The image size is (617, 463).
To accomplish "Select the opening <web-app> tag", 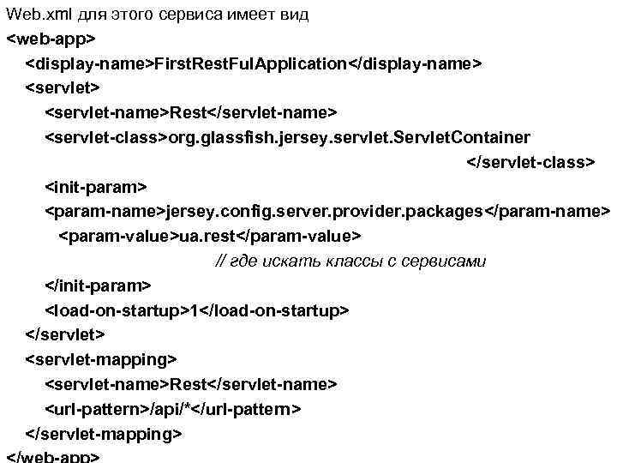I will coord(51,39).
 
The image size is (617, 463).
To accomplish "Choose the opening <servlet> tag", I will coord(63,88).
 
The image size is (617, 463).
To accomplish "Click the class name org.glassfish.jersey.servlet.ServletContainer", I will coord(350,138).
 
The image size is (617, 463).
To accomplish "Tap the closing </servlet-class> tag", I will coord(529,162).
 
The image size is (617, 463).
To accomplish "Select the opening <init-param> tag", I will coord(96,187).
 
